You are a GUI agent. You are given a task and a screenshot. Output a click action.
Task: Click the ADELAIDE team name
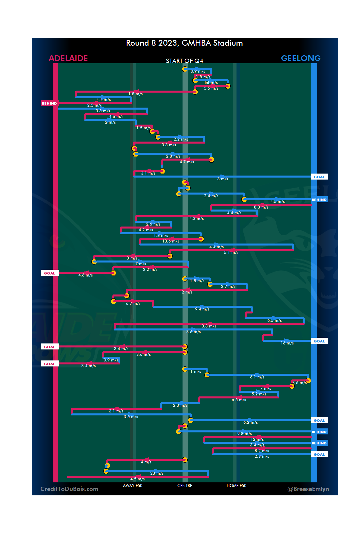(x=68, y=58)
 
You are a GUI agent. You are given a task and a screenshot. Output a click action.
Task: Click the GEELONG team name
(x=301, y=58)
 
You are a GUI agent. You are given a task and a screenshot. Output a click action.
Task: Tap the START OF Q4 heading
(x=184, y=61)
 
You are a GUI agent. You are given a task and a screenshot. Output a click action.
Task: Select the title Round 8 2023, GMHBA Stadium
(x=184, y=43)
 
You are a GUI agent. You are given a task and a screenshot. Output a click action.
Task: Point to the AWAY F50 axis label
(x=133, y=486)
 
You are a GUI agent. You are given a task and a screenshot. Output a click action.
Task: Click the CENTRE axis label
(x=185, y=486)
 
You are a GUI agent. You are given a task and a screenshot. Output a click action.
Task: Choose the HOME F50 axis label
(x=236, y=486)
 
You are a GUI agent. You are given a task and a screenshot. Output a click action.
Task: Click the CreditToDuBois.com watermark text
(x=69, y=489)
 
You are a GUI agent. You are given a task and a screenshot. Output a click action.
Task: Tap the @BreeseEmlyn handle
(x=308, y=489)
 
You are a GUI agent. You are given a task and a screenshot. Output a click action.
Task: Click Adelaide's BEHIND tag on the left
(x=49, y=103)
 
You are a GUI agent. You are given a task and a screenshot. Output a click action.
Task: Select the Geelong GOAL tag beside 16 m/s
(x=319, y=341)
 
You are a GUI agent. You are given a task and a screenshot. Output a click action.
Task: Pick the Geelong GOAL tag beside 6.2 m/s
(x=319, y=420)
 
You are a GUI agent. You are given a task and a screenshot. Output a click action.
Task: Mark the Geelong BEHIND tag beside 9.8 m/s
(x=319, y=432)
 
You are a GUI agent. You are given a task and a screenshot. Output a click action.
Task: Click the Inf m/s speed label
(x=211, y=83)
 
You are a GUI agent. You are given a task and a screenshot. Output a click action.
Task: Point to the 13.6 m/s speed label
(x=171, y=241)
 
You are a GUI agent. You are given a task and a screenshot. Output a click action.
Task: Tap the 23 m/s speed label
(x=157, y=473)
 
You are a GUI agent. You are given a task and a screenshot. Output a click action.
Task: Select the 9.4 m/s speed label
(x=202, y=309)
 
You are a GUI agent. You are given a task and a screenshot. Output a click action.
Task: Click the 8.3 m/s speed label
(x=261, y=207)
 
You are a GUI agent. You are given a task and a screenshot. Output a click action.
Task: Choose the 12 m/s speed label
(x=257, y=439)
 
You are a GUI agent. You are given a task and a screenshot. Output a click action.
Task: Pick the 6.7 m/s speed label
(x=133, y=303)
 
